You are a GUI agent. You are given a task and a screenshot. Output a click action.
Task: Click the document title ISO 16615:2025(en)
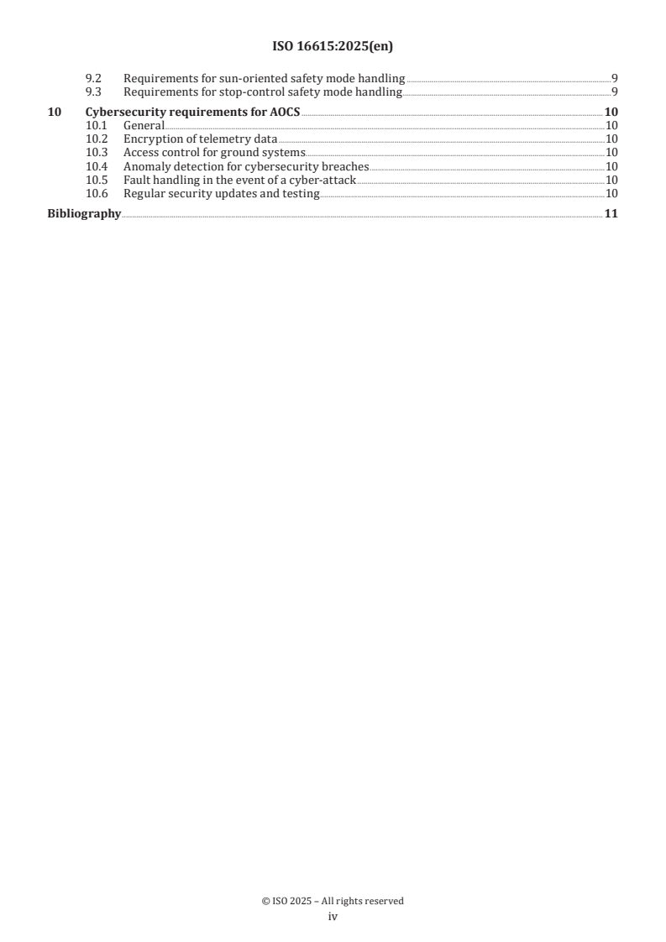(333, 47)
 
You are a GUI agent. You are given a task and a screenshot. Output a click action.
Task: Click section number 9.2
(93, 79)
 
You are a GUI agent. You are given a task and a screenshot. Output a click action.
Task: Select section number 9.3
(93, 92)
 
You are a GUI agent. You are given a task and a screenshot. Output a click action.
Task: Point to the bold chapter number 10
(54, 112)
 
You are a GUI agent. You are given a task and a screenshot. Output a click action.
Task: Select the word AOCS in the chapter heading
(284, 112)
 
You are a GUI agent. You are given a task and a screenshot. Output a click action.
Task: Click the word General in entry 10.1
(144, 125)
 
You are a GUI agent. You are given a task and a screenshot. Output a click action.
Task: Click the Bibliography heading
(84, 214)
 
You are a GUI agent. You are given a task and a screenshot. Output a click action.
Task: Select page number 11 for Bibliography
(611, 214)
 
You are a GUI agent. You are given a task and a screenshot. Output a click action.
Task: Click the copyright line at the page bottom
(333, 901)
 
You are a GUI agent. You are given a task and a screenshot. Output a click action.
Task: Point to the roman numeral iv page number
(333, 917)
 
